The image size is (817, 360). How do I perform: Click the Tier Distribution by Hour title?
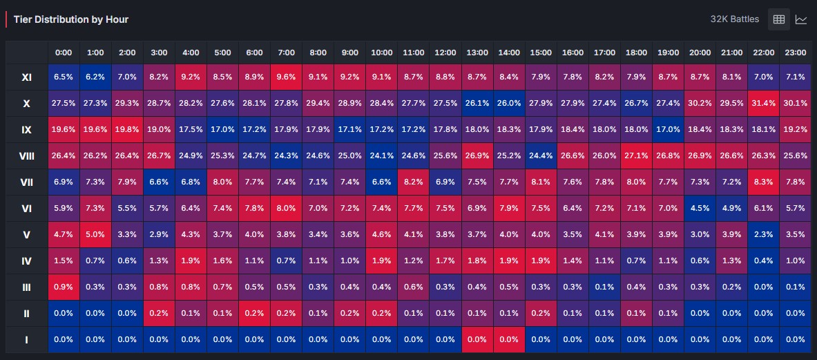[71, 19]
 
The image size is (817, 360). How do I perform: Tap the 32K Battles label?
[735, 19]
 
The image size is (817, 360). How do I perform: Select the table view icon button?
[779, 19]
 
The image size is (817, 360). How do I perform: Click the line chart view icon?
[801, 19]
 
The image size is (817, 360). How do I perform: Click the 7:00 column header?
[286, 53]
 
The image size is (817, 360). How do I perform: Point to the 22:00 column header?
[763, 53]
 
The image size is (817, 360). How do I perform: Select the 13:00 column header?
[477, 53]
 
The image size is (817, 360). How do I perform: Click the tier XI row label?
[26, 77]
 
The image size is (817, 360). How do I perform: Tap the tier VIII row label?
[26, 155]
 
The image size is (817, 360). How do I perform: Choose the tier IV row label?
[26, 261]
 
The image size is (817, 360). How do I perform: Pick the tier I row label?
[26, 340]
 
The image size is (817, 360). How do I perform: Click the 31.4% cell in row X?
[763, 104]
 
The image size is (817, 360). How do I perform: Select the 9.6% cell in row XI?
[286, 77]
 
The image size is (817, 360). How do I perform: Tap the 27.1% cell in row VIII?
[636, 155]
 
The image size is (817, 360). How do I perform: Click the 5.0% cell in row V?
[95, 234]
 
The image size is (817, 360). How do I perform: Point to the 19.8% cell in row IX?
[127, 130]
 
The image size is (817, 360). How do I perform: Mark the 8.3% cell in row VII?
[763, 182]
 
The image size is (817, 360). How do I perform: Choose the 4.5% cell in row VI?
[700, 209]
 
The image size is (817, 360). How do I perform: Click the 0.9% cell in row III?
[64, 287]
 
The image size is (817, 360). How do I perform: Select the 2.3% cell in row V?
[763, 234]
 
